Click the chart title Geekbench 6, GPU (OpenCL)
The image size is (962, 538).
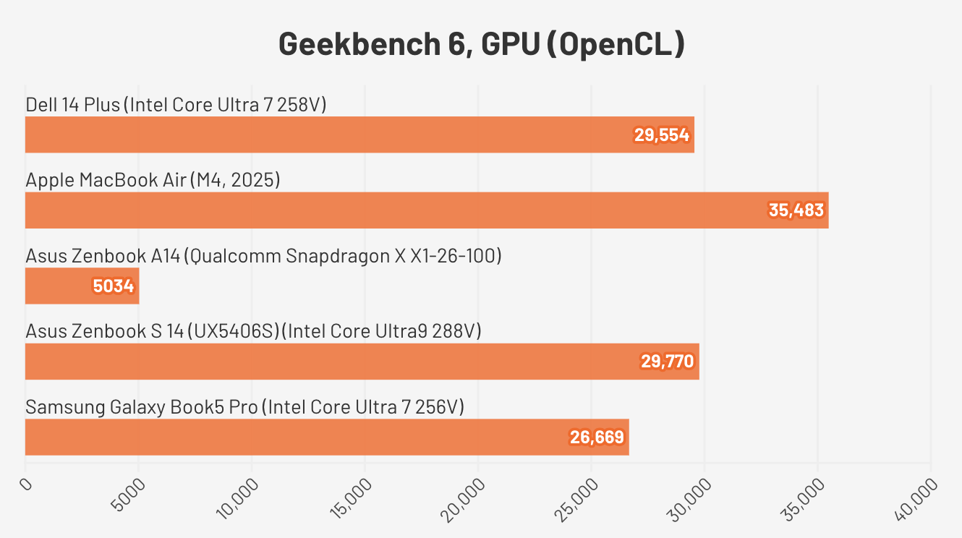[481, 45]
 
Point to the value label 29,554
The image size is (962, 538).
[662, 135]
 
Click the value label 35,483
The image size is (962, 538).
[796, 210]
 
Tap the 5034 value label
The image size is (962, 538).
[114, 286]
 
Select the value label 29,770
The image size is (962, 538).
[667, 362]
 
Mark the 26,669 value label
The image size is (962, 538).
[597, 437]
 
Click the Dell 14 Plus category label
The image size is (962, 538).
[176, 105]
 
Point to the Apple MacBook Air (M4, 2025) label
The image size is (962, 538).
[153, 180]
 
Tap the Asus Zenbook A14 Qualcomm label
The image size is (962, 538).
[263, 256]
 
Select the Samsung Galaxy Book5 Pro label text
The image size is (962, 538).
[244, 407]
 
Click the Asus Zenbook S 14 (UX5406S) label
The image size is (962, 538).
[253, 331]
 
